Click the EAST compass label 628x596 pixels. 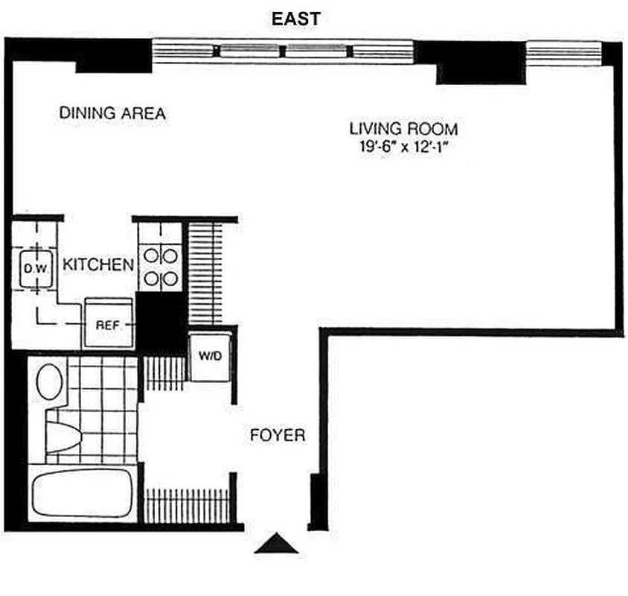(295, 19)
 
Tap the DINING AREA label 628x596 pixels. (112, 114)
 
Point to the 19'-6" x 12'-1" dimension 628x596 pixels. (404, 147)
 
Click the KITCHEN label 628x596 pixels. (98, 264)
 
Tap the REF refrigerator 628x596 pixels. (108, 324)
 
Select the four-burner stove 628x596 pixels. (160, 267)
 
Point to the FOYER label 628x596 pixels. (278, 435)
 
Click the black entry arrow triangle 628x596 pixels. (277, 545)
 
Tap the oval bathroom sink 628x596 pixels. (51, 381)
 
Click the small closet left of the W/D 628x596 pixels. (164, 372)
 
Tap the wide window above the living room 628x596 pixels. (282, 51)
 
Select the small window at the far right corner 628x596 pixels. (563, 51)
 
